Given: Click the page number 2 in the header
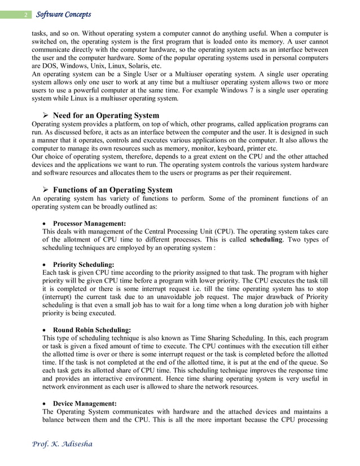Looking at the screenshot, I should pyautogui.click(x=25, y=15).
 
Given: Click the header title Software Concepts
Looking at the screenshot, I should pyautogui.click(x=63, y=14).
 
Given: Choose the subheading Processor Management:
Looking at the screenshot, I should pyautogui.click(x=89, y=223).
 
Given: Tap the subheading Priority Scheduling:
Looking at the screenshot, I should pyautogui.click(x=84, y=264).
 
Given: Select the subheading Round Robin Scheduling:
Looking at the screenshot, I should pyautogui.click(x=91, y=330).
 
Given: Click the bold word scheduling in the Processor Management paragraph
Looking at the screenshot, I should pyautogui.click(x=270, y=240).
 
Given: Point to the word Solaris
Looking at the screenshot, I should pyautogui.click(x=132, y=65).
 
